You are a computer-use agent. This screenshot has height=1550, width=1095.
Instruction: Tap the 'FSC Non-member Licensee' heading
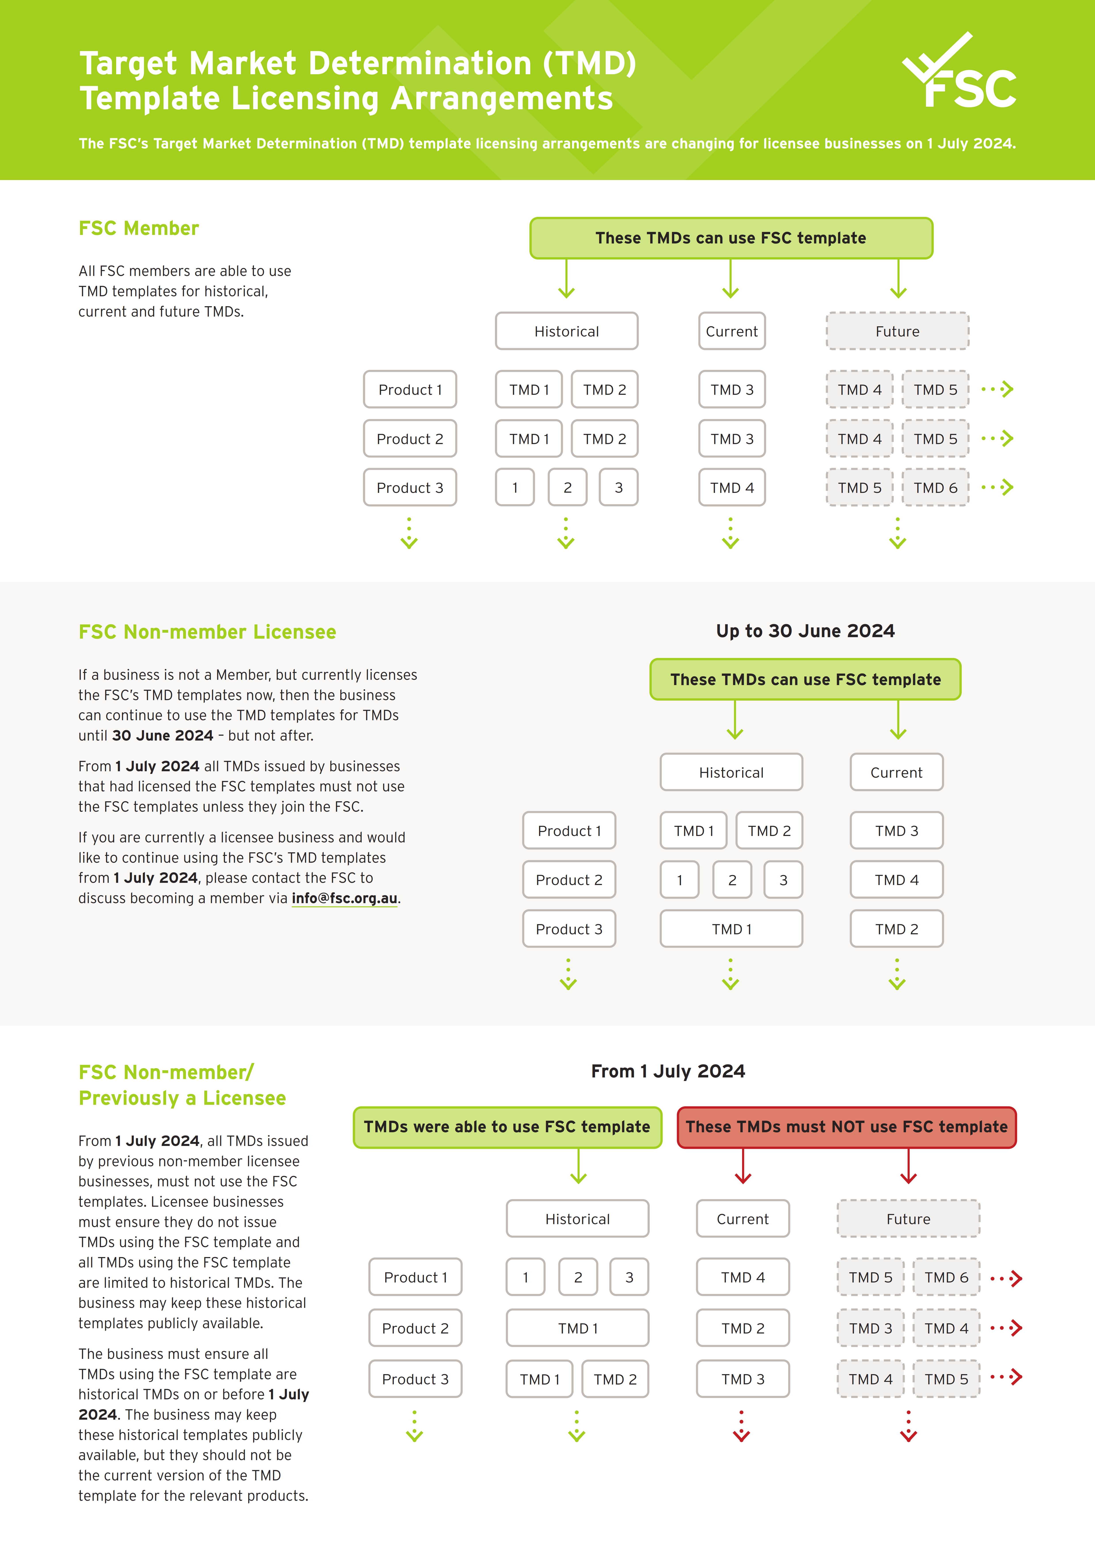pyautogui.click(x=207, y=632)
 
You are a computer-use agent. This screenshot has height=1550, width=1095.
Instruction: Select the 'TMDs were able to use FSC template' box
pyautogui.click(x=507, y=1127)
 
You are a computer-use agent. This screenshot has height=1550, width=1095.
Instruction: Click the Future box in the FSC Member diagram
pyautogui.click(x=897, y=331)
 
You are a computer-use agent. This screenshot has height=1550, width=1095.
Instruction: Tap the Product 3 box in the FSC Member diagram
pyautogui.click(x=409, y=487)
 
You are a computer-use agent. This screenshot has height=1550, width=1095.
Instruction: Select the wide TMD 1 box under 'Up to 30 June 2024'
pyautogui.click(x=731, y=929)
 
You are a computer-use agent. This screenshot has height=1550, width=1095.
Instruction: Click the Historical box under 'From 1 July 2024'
pyautogui.click(x=578, y=1219)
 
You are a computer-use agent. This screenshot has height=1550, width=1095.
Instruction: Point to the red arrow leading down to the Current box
pyautogui.click(x=743, y=1166)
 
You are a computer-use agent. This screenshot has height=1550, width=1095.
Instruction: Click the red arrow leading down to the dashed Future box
pyautogui.click(x=908, y=1166)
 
